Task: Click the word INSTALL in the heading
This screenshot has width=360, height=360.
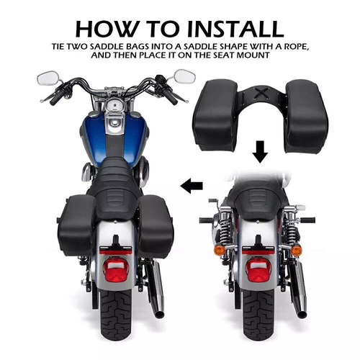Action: tap(228, 28)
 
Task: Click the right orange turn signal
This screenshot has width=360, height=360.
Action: tap(297, 250)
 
